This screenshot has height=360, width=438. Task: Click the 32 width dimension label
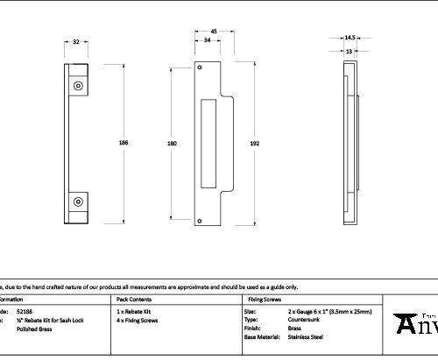(77, 41)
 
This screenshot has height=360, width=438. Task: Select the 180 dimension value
(172, 143)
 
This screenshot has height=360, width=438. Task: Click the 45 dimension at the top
(214, 31)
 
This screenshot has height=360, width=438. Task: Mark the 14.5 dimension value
(350, 38)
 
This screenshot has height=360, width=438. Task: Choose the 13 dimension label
(350, 52)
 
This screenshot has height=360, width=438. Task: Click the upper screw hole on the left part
(79, 86)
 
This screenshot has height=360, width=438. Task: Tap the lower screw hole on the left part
(79, 201)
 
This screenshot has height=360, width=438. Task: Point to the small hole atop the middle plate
(201, 67)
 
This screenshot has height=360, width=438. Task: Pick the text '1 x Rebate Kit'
(133, 312)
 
